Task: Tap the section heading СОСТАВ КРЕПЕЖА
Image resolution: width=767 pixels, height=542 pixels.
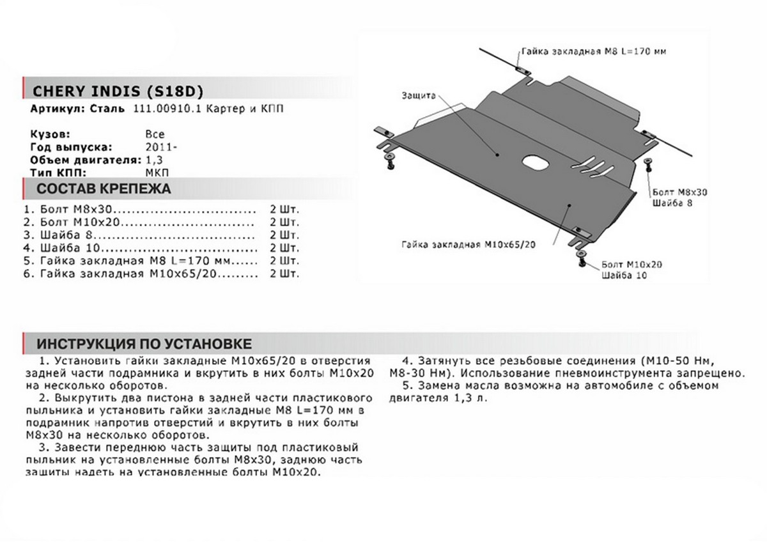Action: [103, 189]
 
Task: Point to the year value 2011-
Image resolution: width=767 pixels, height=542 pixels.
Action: [157, 147]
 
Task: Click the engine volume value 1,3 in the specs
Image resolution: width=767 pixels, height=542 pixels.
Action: [152, 159]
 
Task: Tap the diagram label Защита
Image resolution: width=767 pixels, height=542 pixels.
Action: [419, 95]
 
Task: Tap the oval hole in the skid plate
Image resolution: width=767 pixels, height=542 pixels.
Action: [532, 162]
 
